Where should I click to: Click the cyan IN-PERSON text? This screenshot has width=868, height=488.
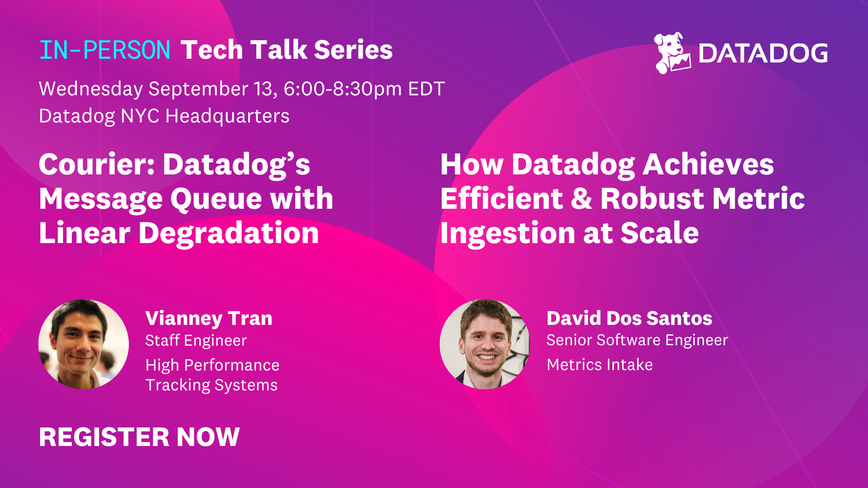tap(104, 50)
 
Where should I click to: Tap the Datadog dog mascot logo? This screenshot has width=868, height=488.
tap(672, 53)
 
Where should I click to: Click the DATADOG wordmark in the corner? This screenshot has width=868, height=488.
tap(763, 53)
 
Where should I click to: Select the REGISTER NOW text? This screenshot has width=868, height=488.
tap(139, 437)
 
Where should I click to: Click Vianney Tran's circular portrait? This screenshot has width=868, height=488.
tap(84, 344)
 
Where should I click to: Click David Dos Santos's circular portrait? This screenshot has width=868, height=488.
tap(485, 344)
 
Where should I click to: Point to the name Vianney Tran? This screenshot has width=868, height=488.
tap(209, 318)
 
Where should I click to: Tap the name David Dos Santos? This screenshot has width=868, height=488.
tap(629, 318)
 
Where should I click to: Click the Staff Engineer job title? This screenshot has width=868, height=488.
tap(196, 340)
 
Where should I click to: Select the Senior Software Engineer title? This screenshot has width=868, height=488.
tap(637, 340)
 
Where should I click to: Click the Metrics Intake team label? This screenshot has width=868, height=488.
tap(599, 365)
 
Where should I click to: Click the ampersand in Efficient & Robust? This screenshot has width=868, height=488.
tap(581, 199)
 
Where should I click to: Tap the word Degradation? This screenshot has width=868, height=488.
tap(228, 233)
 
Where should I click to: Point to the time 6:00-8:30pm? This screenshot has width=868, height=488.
tap(342, 89)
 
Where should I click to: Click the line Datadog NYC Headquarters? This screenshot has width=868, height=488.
tap(164, 116)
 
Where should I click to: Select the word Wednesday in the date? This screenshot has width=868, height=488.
tap(91, 89)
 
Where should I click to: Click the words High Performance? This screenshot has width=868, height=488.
tap(212, 365)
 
